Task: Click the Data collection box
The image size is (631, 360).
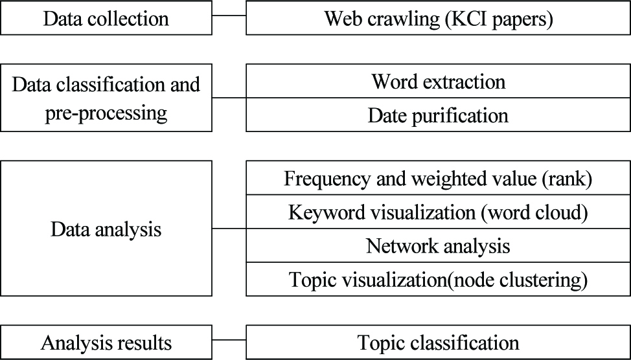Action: [x=106, y=18]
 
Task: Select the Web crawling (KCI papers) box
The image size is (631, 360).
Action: [x=439, y=18]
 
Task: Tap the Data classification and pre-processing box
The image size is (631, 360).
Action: [x=106, y=98]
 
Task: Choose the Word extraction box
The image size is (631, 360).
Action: [x=439, y=81]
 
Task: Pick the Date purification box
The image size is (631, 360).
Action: [x=439, y=115]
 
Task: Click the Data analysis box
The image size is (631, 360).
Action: [x=106, y=229]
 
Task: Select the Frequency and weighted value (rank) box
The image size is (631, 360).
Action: [x=439, y=178]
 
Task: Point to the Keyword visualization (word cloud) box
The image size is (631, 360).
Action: [x=439, y=212]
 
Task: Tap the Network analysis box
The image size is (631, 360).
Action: [x=439, y=245]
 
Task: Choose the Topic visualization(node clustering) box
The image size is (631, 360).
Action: [x=439, y=279]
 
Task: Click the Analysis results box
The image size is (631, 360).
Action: [x=106, y=343]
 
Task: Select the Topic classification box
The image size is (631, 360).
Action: [x=439, y=343]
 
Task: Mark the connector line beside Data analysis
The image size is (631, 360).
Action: [x=229, y=229]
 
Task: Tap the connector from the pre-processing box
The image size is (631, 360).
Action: [x=229, y=98]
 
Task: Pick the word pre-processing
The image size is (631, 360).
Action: [x=106, y=114]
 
